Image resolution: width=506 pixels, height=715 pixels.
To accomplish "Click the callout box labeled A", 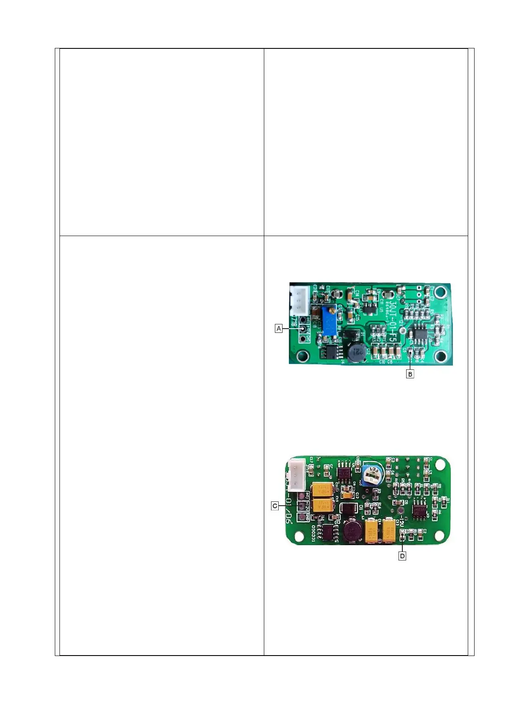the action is click(x=279, y=328).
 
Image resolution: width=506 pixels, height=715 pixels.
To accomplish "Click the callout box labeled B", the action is click(x=410, y=374).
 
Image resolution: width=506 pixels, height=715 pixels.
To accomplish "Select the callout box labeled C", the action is click(x=275, y=506).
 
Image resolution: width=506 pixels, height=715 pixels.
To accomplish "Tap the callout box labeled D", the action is click(x=402, y=556).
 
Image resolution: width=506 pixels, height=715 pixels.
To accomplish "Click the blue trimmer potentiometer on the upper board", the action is click(x=329, y=321).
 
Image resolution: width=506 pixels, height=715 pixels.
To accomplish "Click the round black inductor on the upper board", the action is click(x=357, y=353).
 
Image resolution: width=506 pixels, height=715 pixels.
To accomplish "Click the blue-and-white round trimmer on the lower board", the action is click(x=373, y=475).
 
